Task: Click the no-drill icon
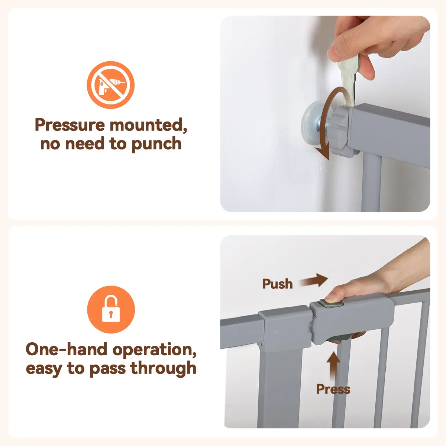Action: tap(111, 85)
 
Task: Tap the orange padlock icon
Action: tap(111, 310)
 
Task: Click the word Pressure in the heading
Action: tap(70, 125)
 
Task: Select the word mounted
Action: tap(148, 125)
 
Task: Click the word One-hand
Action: tap(67, 349)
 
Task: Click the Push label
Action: tap(278, 284)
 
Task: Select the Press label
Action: tap(333, 389)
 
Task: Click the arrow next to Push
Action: tap(314, 281)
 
